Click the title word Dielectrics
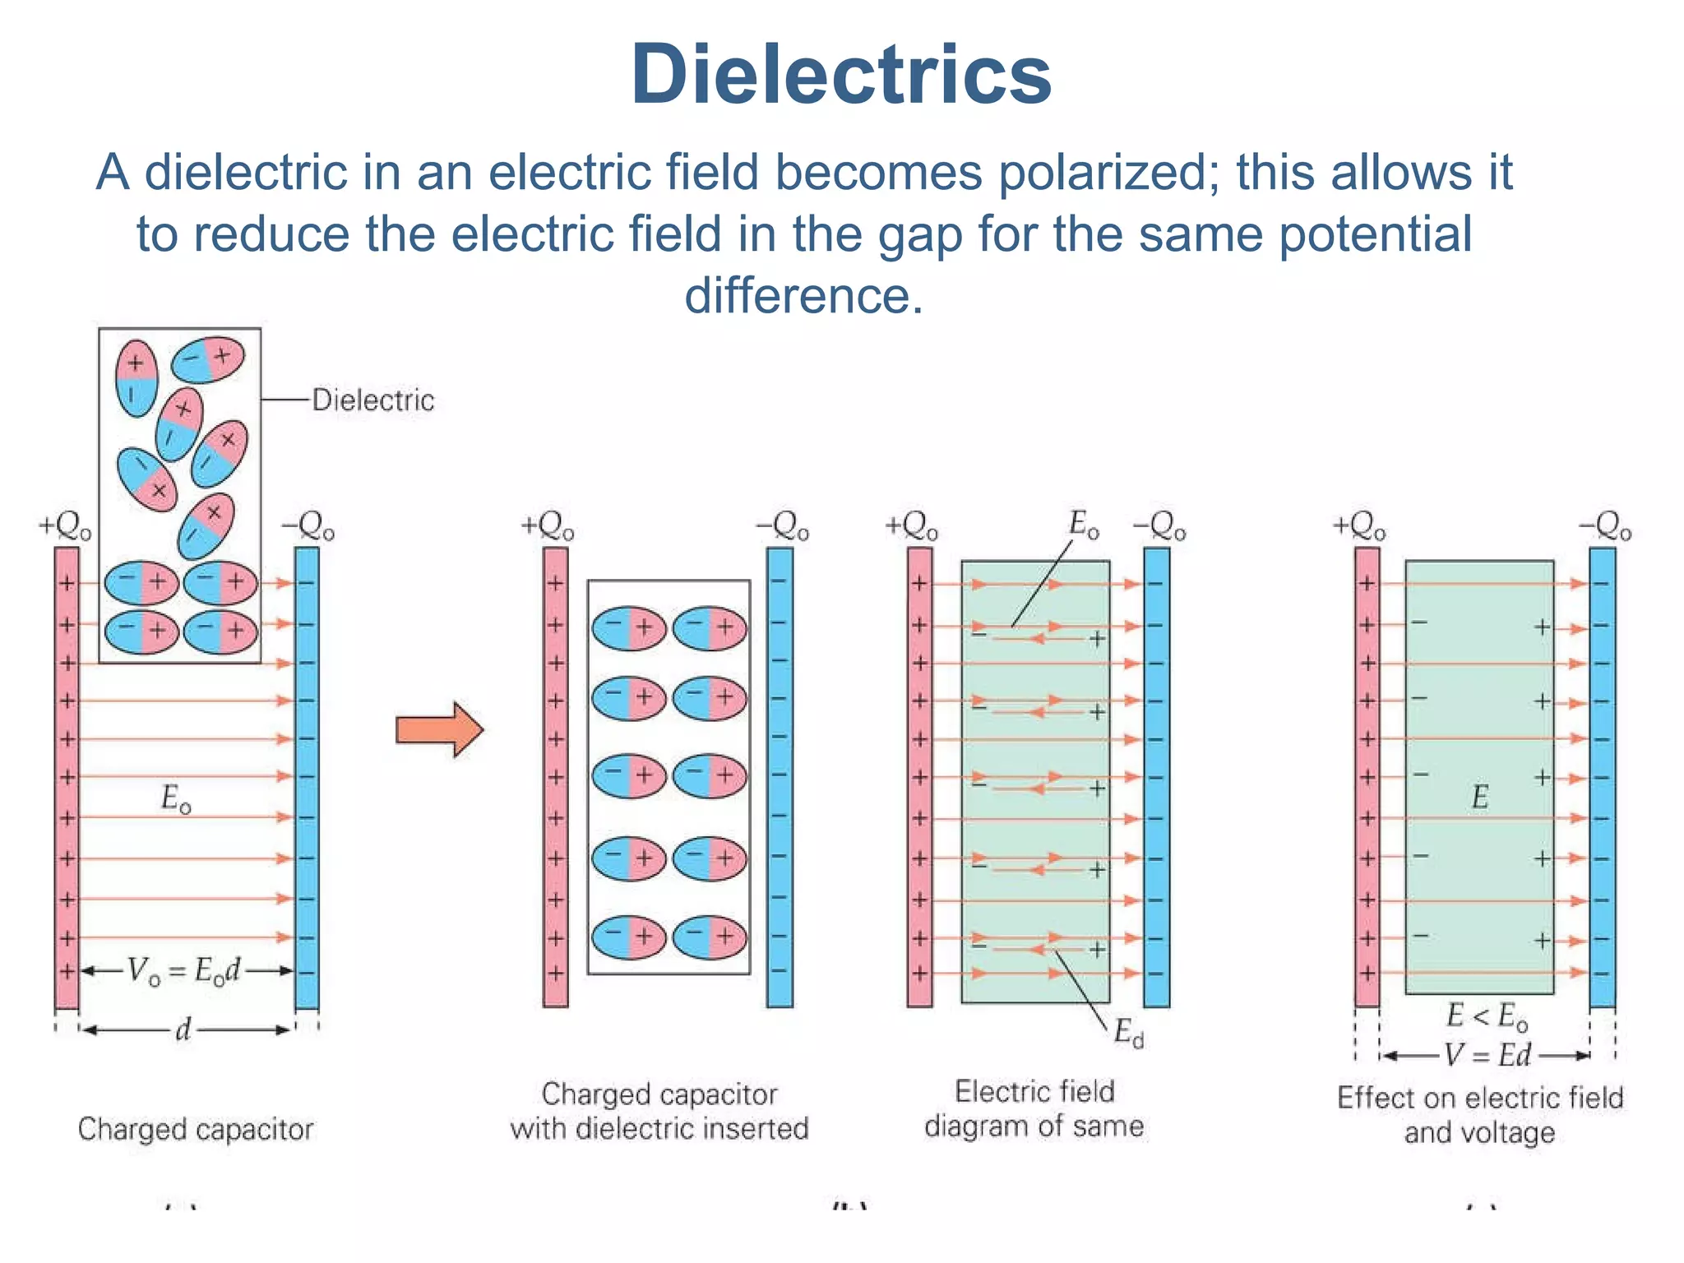coord(840,75)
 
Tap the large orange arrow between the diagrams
coord(439,729)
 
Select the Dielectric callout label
coord(372,400)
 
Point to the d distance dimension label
coord(184,1029)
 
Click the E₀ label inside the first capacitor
coord(176,798)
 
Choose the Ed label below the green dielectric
coord(1128,1033)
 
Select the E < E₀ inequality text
coord(1487,1017)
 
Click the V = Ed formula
coord(1487,1055)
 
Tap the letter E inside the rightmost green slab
coord(1479,797)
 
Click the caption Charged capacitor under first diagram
coord(196,1129)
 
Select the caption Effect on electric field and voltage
coord(1480,1115)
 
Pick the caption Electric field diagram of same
coord(1034,1108)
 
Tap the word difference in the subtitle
coord(803,295)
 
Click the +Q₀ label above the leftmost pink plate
coord(65,526)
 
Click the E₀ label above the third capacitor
coord(1083,524)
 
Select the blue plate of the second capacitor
coord(780,777)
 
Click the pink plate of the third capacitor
coord(919,777)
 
